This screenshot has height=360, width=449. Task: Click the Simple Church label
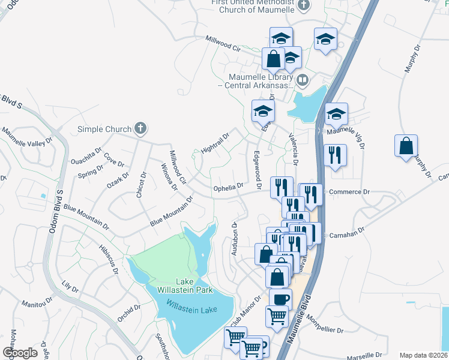(104, 129)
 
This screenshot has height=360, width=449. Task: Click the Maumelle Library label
(260, 81)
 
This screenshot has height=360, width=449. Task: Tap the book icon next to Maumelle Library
(304, 79)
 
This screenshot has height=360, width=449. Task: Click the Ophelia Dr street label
(229, 188)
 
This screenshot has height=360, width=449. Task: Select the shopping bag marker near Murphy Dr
(406, 146)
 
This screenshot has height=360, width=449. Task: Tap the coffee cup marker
(280, 299)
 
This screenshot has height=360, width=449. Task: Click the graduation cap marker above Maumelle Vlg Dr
(337, 113)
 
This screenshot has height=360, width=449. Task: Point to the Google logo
(20, 353)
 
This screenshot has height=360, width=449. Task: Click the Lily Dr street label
(70, 286)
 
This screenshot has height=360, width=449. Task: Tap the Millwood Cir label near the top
(223, 46)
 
